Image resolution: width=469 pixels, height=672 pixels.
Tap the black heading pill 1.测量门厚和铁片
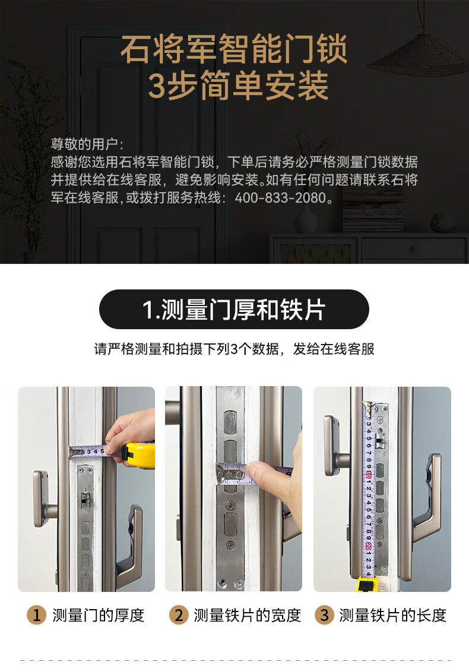(234, 310)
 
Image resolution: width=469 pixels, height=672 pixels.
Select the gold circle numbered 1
(36, 615)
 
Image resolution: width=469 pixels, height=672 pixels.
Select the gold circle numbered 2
(178, 615)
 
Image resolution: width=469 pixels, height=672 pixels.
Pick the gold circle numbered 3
(324, 615)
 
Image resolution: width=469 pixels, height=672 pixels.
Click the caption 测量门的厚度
(99, 615)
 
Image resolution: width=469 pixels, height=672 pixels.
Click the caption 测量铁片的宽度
(248, 615)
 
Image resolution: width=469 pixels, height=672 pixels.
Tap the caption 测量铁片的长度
(393, 615)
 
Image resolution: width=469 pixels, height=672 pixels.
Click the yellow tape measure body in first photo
(139, 455)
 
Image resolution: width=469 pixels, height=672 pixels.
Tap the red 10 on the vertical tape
(369, 476)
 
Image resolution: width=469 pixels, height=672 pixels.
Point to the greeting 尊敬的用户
(87, 144)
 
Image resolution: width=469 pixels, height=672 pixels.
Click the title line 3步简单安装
(237, 87)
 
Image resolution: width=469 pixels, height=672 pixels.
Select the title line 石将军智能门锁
(234, 50)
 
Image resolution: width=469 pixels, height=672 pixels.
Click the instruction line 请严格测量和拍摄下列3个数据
(234, 349)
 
